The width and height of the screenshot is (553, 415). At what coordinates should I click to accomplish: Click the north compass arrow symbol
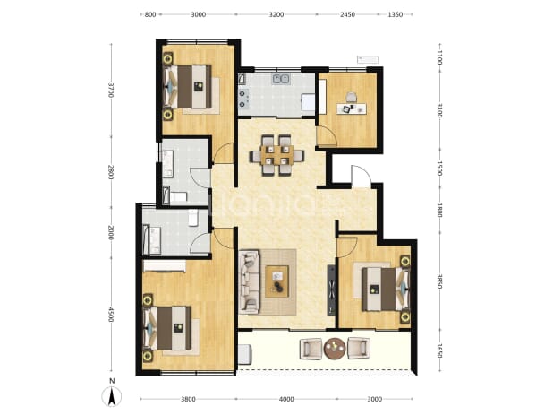[x=112, y=396]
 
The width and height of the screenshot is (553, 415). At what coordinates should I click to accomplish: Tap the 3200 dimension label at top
[x=276, y=15]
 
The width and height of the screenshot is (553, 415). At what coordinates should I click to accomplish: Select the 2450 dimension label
[x=347, y=15]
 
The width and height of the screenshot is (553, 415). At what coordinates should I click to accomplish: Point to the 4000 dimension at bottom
[x=286, y=399]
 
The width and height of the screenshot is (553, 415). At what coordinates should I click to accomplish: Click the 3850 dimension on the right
[x=439, y=281]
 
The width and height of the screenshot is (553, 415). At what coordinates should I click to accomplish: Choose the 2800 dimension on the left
[x=111, y=172]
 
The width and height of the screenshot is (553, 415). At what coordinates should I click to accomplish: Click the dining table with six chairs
[x=276, y=155]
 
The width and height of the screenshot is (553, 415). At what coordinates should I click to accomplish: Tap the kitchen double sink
[x=281, y=79]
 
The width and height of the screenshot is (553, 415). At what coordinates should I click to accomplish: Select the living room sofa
[x=249, y=281]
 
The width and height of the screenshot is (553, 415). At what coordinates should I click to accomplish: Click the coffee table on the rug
[x=276, y=281]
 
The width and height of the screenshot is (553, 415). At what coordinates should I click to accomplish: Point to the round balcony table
[x=335, y=349]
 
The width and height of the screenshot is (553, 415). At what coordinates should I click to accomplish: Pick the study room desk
[x=352, y=108]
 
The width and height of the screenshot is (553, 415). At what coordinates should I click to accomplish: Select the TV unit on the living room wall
[x=331, y=290]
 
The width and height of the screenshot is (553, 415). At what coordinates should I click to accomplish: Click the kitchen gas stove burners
[x=243, y=99]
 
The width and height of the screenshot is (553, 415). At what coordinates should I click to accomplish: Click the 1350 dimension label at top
[x=395, y=15]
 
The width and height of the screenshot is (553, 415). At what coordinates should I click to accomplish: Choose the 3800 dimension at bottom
[x=188, y=399]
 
